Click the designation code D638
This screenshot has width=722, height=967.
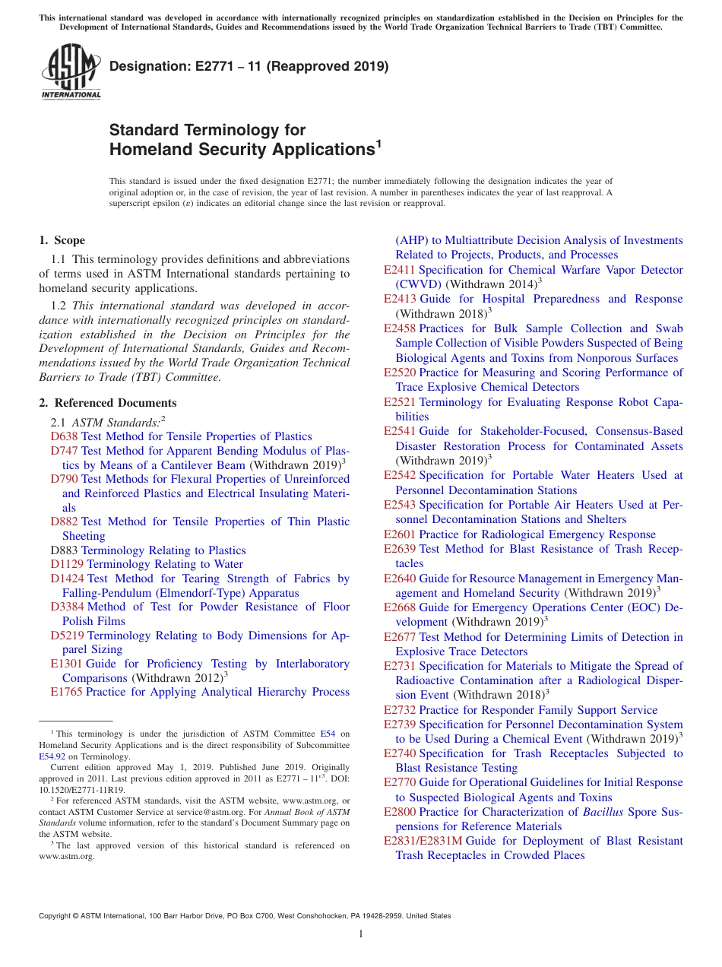(64, 436)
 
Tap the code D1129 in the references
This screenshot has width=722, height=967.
(67, 564)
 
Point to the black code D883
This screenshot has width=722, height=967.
(64, 550)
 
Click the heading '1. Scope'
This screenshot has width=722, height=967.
(62, 240)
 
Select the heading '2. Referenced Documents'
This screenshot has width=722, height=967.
(107, 403)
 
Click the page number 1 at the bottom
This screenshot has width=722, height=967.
(361, 934)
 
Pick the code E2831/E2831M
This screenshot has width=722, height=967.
(423, 841)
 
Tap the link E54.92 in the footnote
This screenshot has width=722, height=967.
(52, 756)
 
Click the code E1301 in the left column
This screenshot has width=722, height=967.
(66, 664)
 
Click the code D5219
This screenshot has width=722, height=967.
(67, 636)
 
